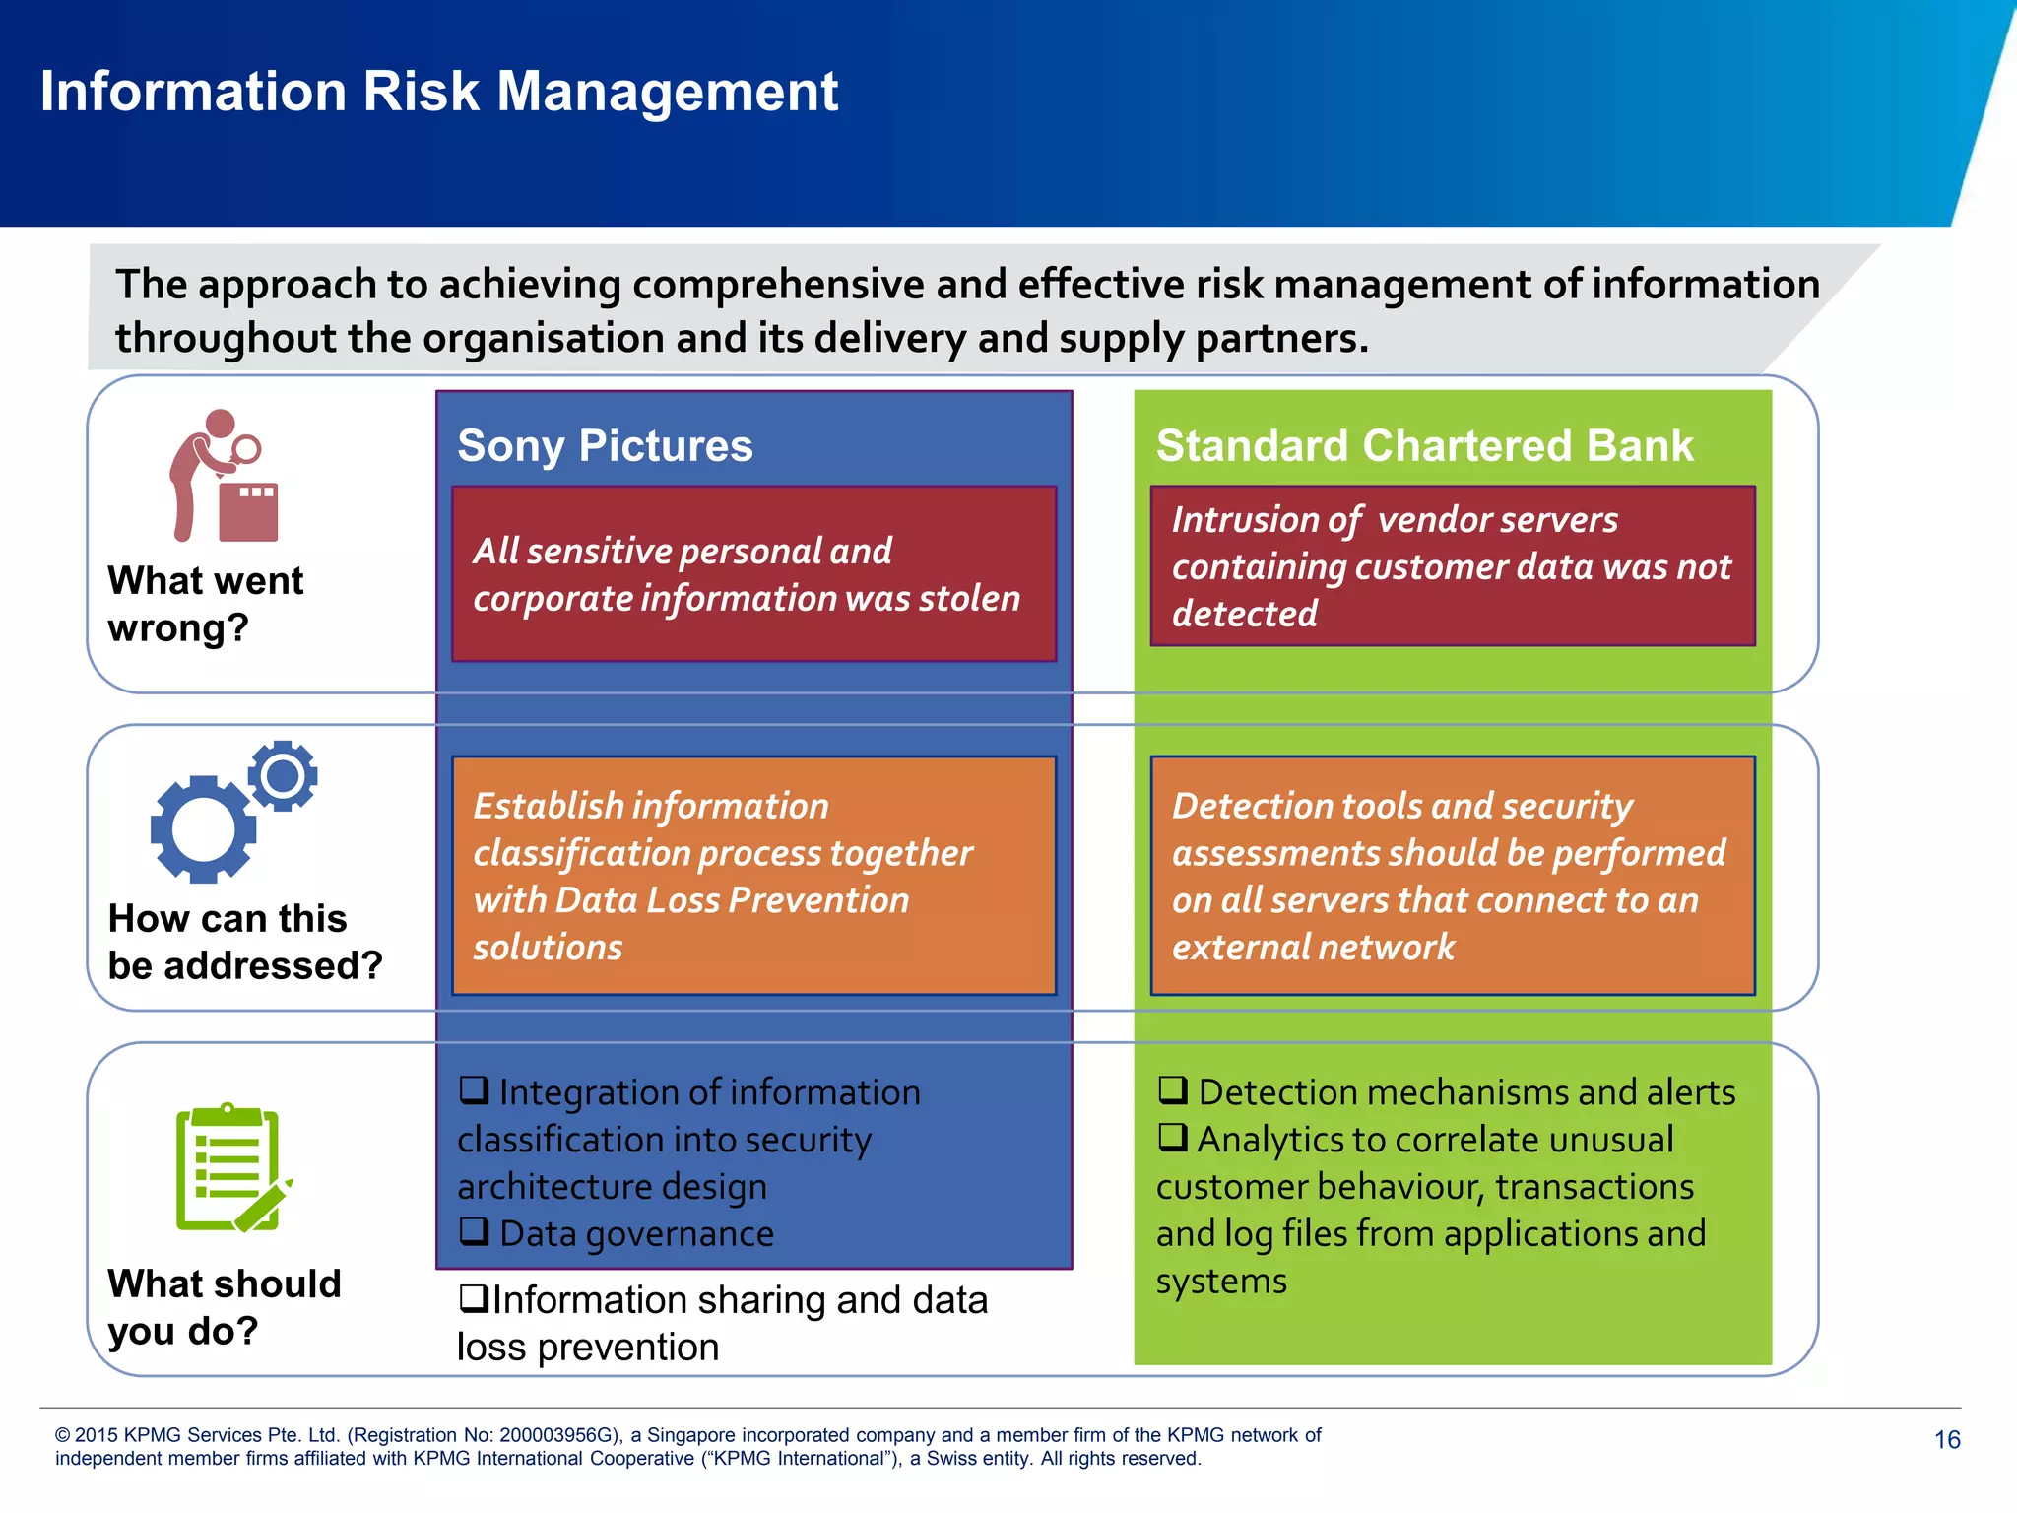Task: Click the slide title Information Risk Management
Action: click(438, 92)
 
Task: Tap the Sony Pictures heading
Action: click(605, 445)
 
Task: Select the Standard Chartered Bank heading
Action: click(1424, 445)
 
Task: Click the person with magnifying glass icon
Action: click(224, 477)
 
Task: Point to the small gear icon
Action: click(283, 776)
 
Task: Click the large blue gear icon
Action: click(203, 829)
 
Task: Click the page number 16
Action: click(1947, 1440)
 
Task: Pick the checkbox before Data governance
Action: click(474, 1231)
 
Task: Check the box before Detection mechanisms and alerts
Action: click(1172, 1090)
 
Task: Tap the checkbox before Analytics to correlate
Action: click(1172, 1138)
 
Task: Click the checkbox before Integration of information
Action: click(474, 1090)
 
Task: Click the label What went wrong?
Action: click(205, 604)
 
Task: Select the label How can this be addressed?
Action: click(244, 942)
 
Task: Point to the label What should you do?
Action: click(224, 1307)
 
